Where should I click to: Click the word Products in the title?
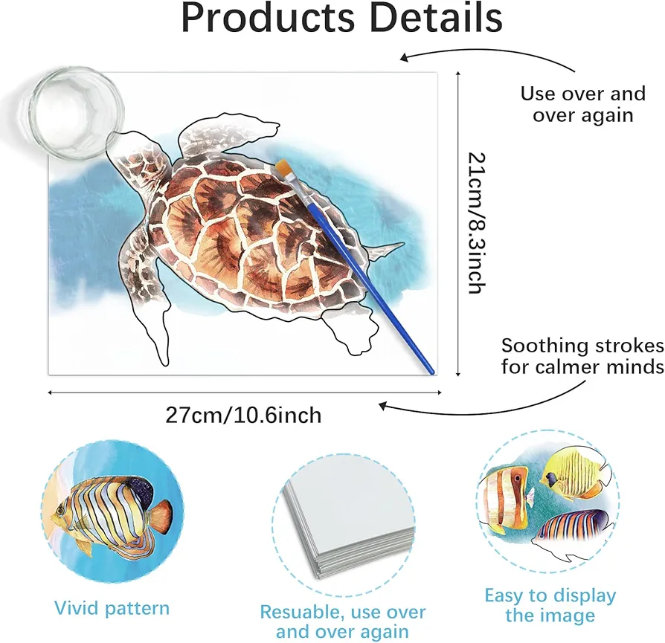(x=268, y=18)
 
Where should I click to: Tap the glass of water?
(x=71, y=112)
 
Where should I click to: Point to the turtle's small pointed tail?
(x=386, y=251)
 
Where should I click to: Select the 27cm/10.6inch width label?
(x=243, y=415)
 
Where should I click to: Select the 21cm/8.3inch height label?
(x=476, y=223)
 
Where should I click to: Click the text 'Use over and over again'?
(x=583, y=104)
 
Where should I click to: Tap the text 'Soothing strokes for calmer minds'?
(x=582, y=356)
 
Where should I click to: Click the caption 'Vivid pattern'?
(x=112, y=608)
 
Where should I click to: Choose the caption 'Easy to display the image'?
(x=550, y=605)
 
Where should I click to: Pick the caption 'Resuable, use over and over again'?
(x=343, y=621)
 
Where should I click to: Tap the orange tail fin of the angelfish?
(x=161, y=517)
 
